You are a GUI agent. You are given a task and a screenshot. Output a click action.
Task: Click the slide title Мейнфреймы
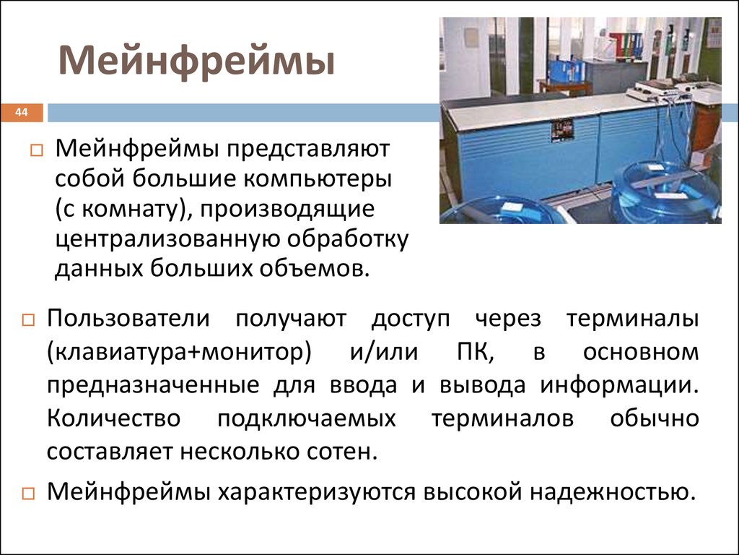click(x=196, y=61)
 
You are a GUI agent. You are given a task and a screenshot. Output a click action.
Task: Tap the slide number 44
click(x=21, y=112)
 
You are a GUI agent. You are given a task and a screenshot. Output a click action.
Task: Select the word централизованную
click(x=167, y=240)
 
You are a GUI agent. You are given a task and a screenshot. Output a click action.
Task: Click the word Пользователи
click(x=128, y=318)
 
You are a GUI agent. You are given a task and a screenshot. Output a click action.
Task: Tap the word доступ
click(x=411, y=319)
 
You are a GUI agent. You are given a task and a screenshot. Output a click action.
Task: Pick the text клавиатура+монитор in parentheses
click(x=179, y=352)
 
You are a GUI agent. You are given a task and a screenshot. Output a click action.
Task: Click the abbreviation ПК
click(x=476, y=352)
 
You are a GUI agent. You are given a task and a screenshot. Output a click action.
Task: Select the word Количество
click(x=113, y=418)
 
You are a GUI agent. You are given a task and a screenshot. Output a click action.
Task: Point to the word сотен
click(x=343, y=452)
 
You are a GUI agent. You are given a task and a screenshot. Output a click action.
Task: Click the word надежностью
click(x=613, y=491)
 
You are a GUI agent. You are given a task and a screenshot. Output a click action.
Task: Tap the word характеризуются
click(x=317, y=492)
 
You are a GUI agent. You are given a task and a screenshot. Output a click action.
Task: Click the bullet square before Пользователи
click(x=28, y=320)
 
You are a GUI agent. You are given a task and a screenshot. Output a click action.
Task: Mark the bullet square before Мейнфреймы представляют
click(x=36, y=150)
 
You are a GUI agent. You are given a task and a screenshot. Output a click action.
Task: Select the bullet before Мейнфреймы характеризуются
click(x=28, y=494)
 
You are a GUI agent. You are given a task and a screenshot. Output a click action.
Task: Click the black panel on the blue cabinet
click(x=562, y=131)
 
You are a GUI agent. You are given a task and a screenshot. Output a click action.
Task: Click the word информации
click(x=618, y=385)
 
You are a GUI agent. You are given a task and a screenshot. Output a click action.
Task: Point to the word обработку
click(x=348, y=240)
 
